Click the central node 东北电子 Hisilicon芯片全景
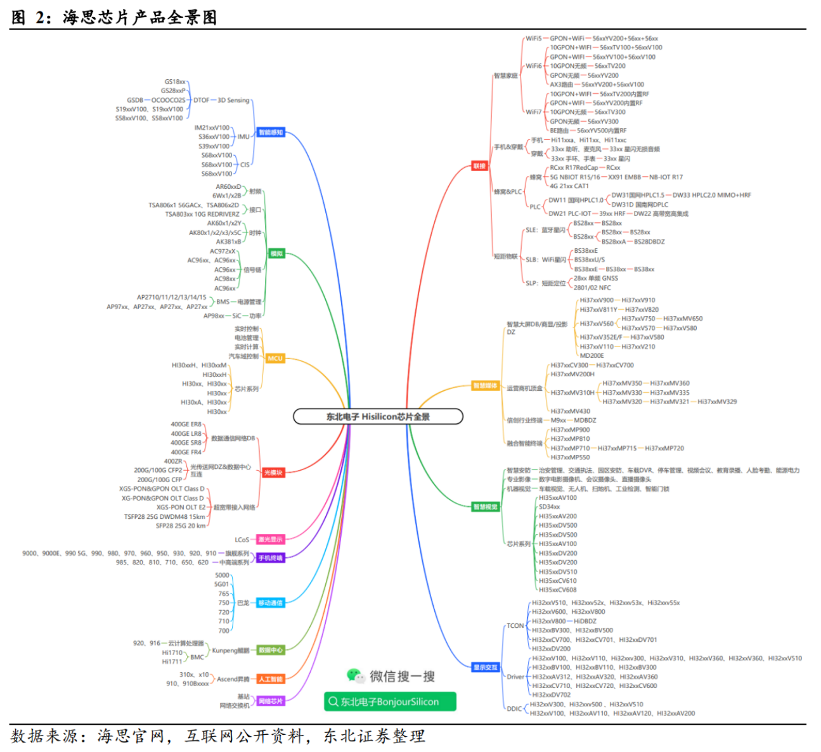tap(378, 416)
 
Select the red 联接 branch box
tap(479, 166)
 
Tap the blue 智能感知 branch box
tap(271, 132)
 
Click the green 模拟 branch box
tap(276, 253)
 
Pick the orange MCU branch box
tap(275, 358)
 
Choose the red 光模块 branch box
tap(273, 473)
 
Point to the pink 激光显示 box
tap(271, 540)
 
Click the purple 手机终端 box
tap(271, 558)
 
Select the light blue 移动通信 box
tap(271, 603)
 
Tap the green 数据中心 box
tap(271, 650)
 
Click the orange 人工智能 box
tap(271, 679)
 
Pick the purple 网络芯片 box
tap(271, 701)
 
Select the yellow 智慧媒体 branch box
tap(486, 386)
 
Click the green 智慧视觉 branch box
tap(486, 507)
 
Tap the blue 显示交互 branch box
tap(486, 667)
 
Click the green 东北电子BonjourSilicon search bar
tap(389, 701)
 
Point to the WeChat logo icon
tap(355, 675)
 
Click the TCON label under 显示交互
tap(515, 626)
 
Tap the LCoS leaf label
tap(242, 540)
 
